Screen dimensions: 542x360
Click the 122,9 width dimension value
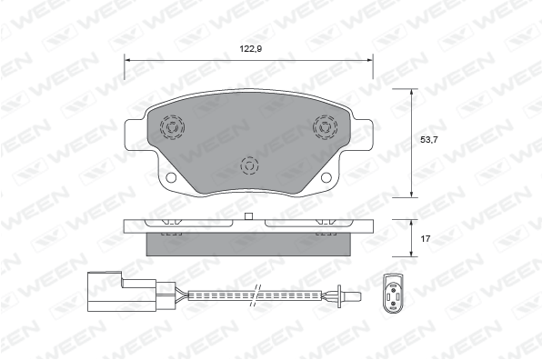(x=251, y=49)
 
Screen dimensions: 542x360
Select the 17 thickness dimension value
(x=426, y=238)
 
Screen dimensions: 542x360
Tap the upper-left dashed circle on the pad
(x=172, y=127)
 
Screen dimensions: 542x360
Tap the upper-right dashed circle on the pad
(x=326, y=127)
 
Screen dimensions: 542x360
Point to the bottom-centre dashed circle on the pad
(x=249, y=165)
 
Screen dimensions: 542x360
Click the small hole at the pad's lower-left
(x=171, y=177)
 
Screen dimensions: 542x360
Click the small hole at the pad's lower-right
(x=326, y=177)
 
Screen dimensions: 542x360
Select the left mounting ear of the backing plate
(x=135, y=135)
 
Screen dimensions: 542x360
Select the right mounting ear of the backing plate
(x=362, y=135)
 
